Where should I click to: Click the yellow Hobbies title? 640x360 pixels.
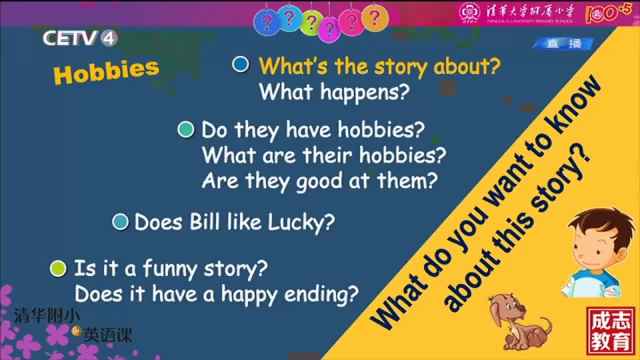pos(106,71)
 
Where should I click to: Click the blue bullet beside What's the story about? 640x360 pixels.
pos(241,64)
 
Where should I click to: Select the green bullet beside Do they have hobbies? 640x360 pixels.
pos(186,129)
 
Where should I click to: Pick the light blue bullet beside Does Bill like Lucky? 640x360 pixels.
pos(120,221)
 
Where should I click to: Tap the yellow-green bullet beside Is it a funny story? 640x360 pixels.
pos(58,269)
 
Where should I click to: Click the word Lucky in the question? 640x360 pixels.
pos(301,223)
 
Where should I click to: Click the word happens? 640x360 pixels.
pos(365,93)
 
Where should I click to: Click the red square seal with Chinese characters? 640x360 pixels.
pos(611,331)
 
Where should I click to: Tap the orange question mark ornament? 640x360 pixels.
pos(375,19)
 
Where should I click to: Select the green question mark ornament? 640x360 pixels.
pos(311,23)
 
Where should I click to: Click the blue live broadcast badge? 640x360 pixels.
pos(563,44)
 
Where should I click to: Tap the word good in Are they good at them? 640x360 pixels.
pos(319,181)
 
